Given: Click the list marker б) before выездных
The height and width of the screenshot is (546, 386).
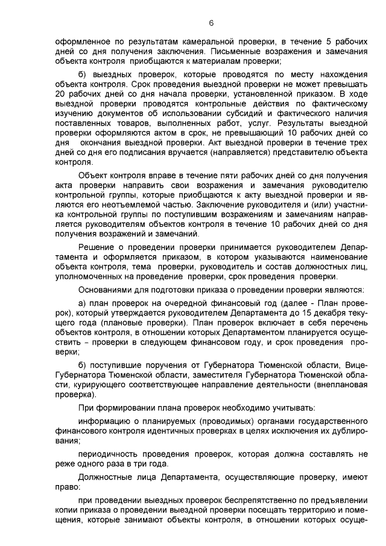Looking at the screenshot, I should click(x=84, y=74).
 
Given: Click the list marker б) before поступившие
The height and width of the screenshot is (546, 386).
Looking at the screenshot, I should click(x=84, y=366).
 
